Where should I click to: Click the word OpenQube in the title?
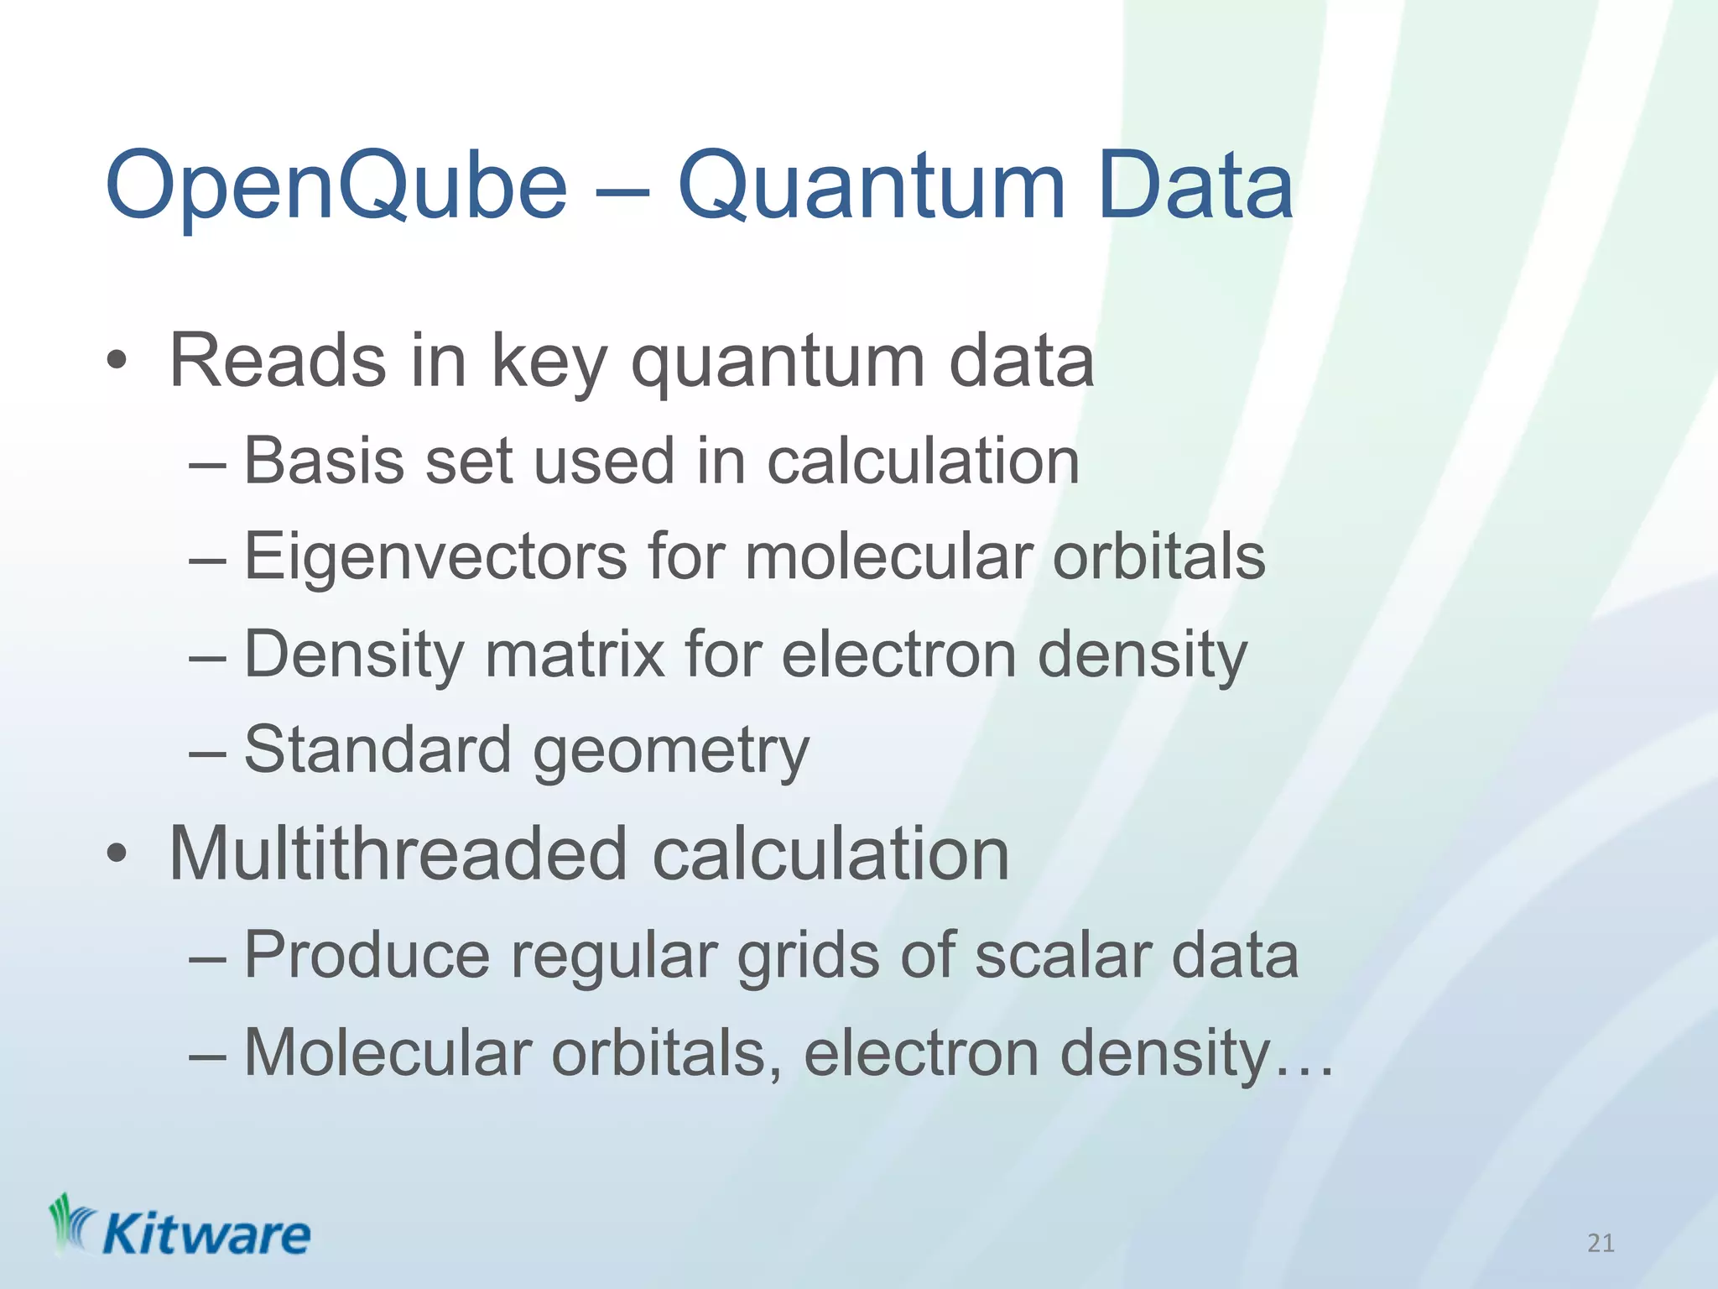(336, 186)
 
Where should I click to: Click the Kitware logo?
(180, 1227)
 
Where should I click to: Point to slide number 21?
(1601, 1243)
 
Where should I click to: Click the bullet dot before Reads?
(117, 363)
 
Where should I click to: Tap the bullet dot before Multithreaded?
(117, 856)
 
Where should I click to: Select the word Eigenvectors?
(435, 557)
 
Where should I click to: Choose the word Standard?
(377, 749)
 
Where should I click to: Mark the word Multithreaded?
(398, 854)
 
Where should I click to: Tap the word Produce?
(367, 955)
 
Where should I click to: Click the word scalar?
(1062, 955)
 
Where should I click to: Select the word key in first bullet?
(548, 363)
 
